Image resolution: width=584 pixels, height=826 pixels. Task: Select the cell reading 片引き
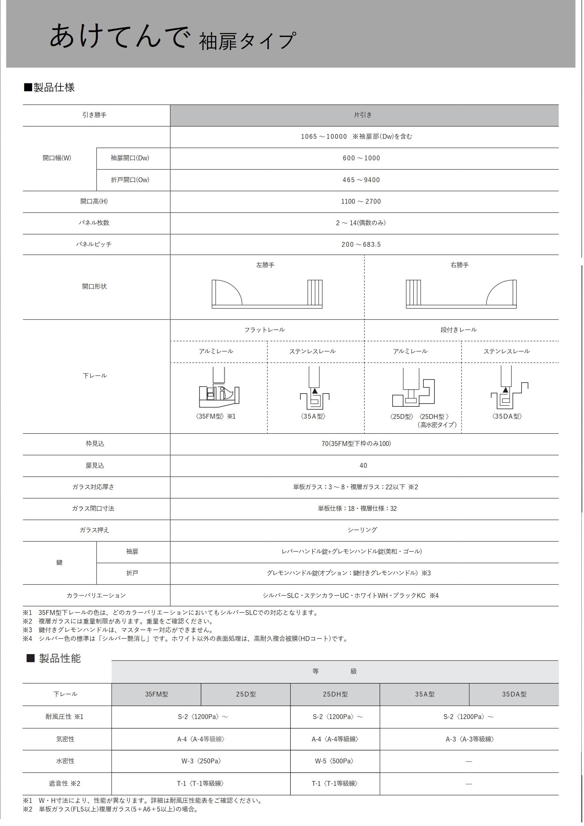pyautogui.click(x=363, y=115)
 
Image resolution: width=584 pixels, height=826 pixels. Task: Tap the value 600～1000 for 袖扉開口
pyautogui.click(x=361, y=158)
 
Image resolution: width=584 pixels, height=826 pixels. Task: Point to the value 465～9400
pyautogui.click(x=361, y=180)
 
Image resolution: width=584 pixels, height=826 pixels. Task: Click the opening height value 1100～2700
pyautogui.click(x=361, y=201)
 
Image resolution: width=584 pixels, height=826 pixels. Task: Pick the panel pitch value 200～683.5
pyautogui.click(x=361, y=244)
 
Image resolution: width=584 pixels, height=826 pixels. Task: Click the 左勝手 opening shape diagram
pyautogui.click(x=267, y=294)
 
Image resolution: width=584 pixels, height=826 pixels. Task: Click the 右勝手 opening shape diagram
pyautogui.click(x=461, y=294)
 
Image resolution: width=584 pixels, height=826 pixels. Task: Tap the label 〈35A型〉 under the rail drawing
pyautogui.click(x=313, y=417)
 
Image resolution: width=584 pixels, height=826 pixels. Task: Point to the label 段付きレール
pyautogui.click(x=458, y=330)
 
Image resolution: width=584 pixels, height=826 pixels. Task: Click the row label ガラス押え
pyautogui.click(x=94, y=530)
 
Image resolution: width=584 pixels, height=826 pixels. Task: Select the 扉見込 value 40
pyautogui.click(x=363, y=466)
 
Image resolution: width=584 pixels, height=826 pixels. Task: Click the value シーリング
pyautogui.click(x=362, y=530)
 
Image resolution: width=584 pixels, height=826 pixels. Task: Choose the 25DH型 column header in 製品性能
pyautogui.click(x=335, y=694)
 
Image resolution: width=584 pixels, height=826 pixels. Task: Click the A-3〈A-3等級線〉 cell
pyautogui.click(x=470, y=739)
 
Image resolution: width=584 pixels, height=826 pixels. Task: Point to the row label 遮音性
pyautogui.click(x=64, y=783)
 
